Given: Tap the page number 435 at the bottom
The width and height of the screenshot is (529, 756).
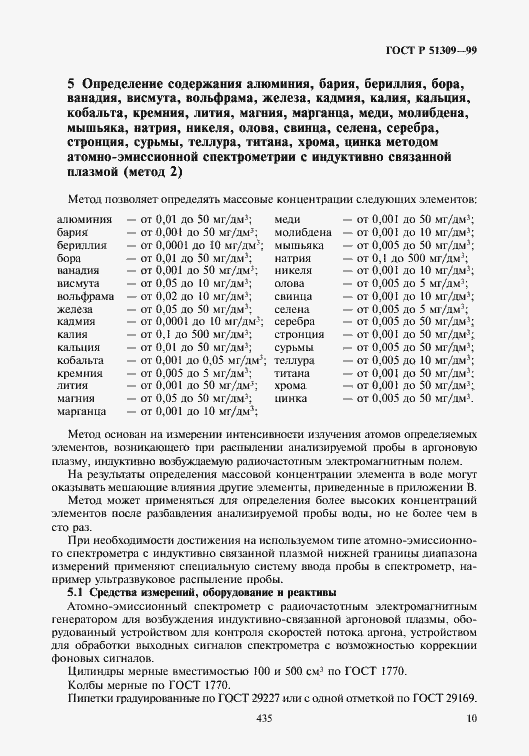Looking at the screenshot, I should (x=264, y=718).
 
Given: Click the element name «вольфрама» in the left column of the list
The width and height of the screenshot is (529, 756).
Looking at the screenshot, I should (x=86, y=296).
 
